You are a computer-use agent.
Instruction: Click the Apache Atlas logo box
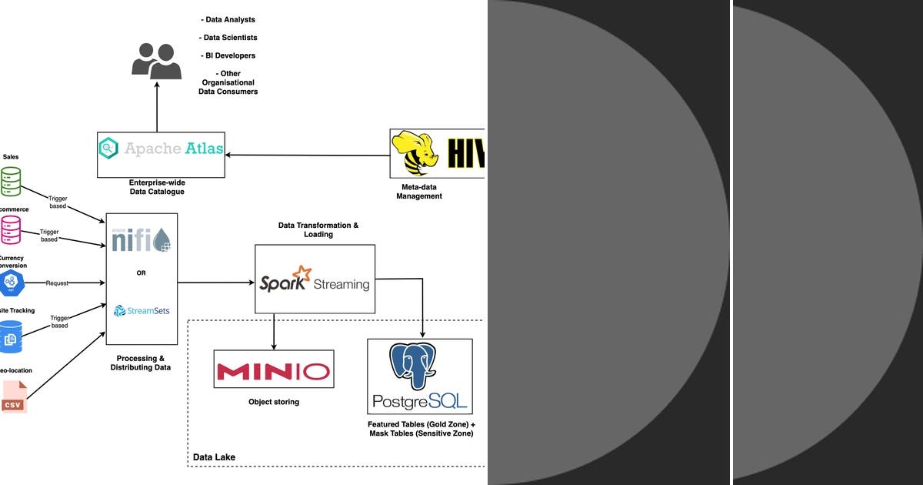tap(162, 154)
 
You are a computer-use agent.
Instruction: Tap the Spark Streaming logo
tap(315, 279)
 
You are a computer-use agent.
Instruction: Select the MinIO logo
tap(273, 372)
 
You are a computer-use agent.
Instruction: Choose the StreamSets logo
tap(142, 311)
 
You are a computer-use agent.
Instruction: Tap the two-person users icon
tap(156, 61)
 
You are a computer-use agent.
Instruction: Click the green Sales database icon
tap(11, 182)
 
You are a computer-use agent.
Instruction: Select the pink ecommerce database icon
tap(11, 229)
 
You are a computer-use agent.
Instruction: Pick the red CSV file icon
tap(13, 397)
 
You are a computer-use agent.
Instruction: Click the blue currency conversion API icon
tap(11, 283)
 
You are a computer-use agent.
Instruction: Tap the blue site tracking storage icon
tap(11, 336)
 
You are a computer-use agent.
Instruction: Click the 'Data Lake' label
tap(214, 457)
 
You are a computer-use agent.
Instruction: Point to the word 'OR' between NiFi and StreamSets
tap(142, 273)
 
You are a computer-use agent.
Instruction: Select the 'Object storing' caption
tap(274, 402)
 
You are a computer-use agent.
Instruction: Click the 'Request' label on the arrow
tap(57, 283)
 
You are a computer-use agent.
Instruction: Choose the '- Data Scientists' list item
tap(228, 38)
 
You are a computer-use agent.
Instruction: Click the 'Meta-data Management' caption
tap(419, 192)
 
